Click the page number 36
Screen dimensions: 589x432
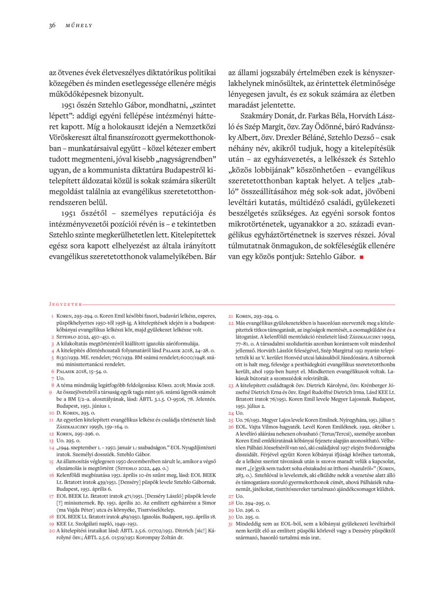52,26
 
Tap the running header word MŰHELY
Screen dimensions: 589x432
79,26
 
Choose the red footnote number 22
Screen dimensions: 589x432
231,324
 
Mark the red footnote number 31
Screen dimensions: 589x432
231,524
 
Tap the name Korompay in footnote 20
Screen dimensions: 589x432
161,537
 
